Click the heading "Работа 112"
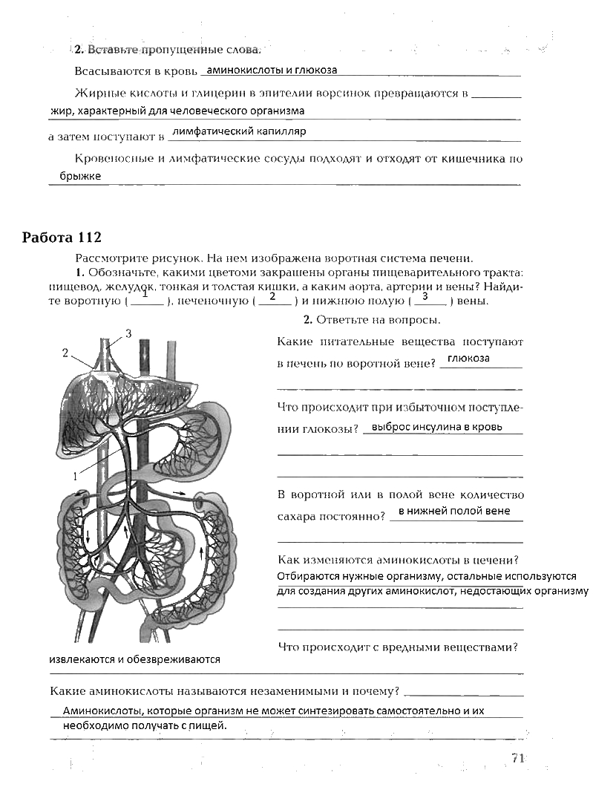click(x=62, y=238)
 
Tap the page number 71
click(x=518, y=758)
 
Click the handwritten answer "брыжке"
click(x=80, y=176)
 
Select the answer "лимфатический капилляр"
click(x=238, y=131)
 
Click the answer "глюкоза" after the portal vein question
click(x=469, y=358)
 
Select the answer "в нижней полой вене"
click(x=454, y=511)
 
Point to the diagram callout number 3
click(x=128, y=333)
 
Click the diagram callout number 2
click(x=65, y=353)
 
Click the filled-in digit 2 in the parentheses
click(x=272, y=297)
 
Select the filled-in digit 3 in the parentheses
click(x=425, y=297)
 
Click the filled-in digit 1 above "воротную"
click(x=145, y=295)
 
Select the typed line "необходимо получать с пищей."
click(x=145, y=726)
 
